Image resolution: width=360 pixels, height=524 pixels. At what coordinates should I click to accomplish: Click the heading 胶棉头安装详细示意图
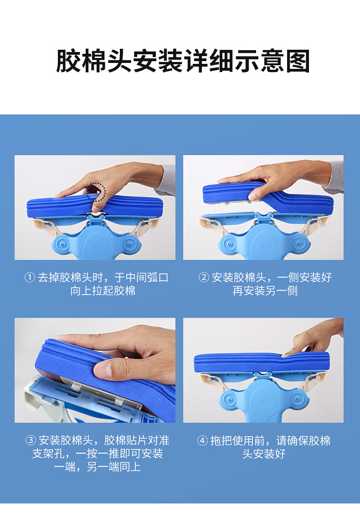click(x=183, y=61)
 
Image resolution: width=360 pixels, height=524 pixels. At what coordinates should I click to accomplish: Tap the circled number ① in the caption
click(x=30, y=277)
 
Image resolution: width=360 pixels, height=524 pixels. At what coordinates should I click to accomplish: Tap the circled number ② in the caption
click(x=204, y=277)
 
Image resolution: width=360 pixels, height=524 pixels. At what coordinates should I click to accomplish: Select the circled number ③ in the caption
click(x=31, y=440)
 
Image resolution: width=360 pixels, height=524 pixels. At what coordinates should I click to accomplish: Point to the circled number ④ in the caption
click(x=202, y=441)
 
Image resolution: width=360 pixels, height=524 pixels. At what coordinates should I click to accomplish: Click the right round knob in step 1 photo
click(x=129, y=244)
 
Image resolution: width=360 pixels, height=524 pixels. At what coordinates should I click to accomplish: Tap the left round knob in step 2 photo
click(x=229, y=243)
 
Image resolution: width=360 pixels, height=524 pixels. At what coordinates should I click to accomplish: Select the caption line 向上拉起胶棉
click(x=103, y=291)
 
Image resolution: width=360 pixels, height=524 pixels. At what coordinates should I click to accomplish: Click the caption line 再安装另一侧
click(x=265, y=291)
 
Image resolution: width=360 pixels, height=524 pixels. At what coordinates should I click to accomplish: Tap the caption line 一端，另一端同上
click(x=97, y=467)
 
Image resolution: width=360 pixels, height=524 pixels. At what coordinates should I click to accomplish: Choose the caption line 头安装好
click(x=263, y=454)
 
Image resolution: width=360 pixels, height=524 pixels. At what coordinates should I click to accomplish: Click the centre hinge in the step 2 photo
click(x=264, y=217)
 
